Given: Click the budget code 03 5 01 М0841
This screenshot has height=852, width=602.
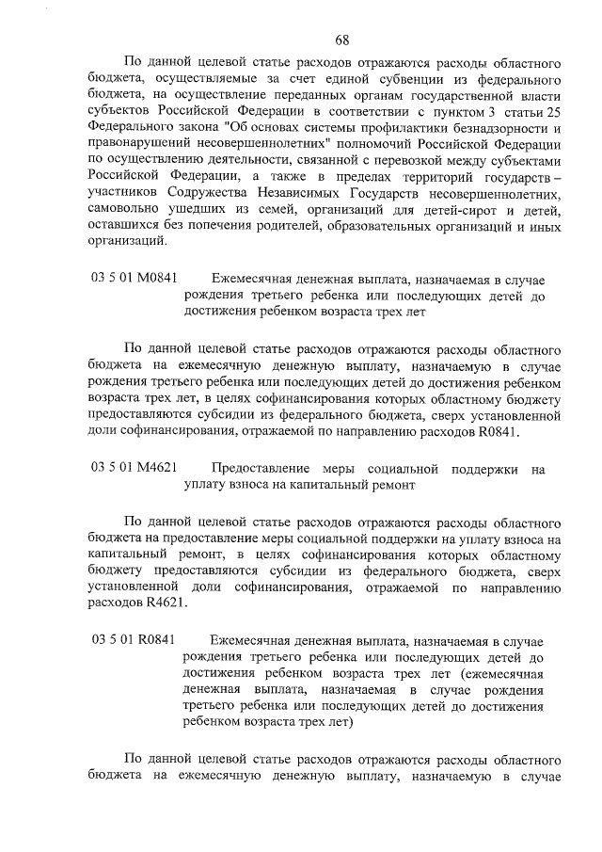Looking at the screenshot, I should (135, 279).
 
